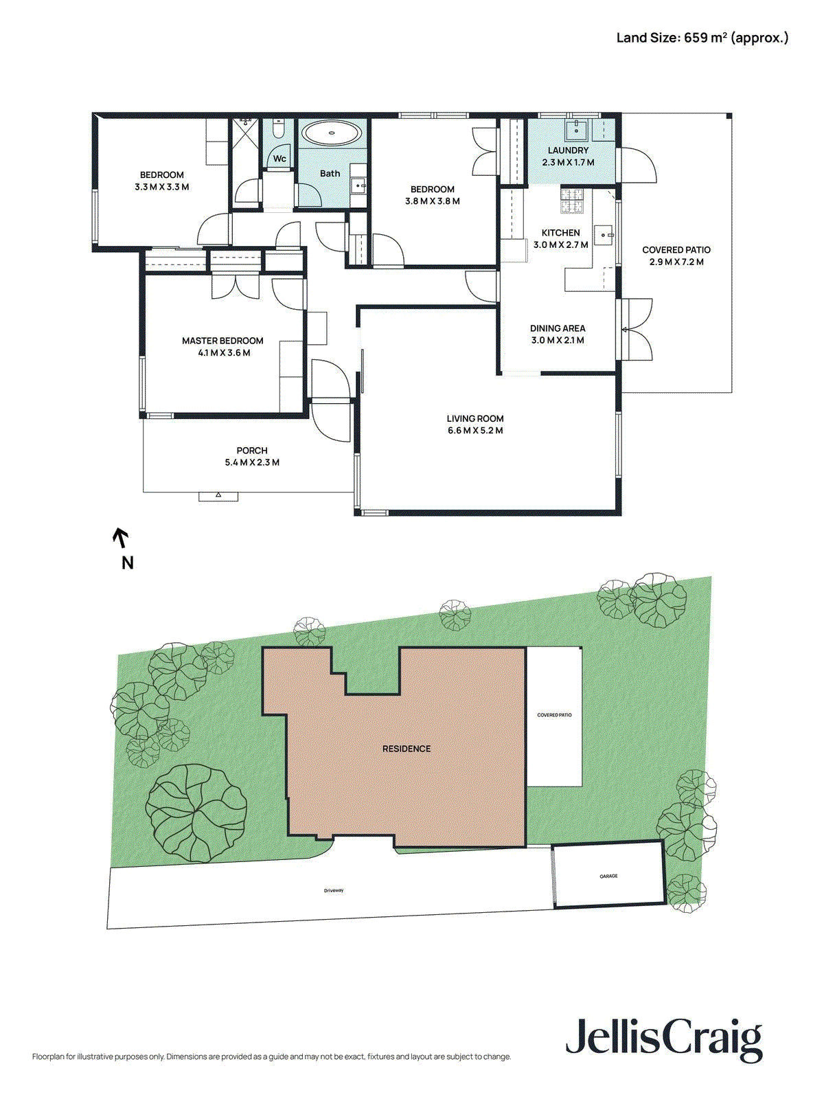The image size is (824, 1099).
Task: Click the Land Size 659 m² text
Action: point(702,38)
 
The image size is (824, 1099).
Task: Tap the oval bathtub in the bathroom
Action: point(332,133)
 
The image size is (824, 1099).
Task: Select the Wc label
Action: point(279,159)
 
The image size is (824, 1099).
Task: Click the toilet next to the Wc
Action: point(278,129)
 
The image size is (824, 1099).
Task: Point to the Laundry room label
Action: point(568,150)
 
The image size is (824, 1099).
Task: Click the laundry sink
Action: point(577,128)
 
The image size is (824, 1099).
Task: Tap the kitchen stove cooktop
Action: point(572,200)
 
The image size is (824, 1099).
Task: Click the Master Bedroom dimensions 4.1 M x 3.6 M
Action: point(224,353)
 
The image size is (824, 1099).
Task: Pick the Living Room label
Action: point(475,418)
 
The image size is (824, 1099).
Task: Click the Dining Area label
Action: point(558,328)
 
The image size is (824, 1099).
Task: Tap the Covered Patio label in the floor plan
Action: point(676,250)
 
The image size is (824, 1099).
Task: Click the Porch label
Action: point(252,451)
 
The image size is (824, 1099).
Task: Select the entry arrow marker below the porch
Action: point(218,495)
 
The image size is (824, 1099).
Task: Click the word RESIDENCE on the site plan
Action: point(407,749)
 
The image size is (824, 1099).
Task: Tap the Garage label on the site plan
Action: point(608,876)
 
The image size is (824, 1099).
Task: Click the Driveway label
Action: point(334,891)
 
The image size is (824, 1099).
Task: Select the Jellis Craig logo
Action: point(664,1039)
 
